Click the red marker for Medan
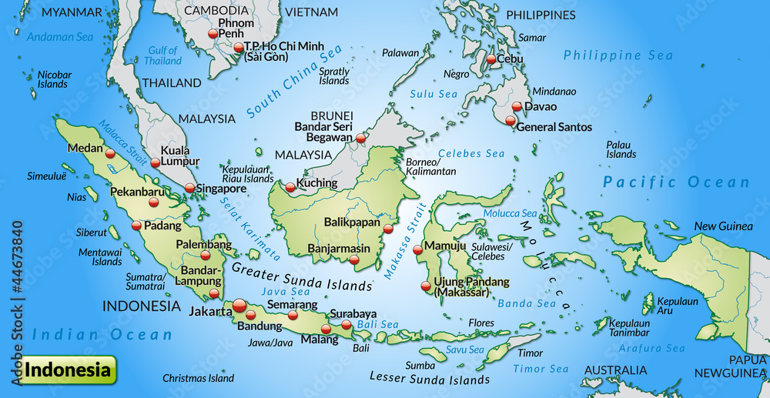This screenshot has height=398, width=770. click(x=110, y=154)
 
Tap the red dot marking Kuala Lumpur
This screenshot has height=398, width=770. click(x=156, y=162)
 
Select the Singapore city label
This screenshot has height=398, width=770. click(x=221, y=189)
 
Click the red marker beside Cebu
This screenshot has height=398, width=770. click(x=490, y=59)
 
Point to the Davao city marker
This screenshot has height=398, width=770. click(x=517, y=107)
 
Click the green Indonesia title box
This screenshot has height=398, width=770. click(x=69, y=370)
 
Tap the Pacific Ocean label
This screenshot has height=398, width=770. click(x=676, y=182)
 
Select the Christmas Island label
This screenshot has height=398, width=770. click(x=198, y=379)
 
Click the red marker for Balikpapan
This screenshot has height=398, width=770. click(x=388, y=228)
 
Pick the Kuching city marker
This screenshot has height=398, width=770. click(x=290, y=187)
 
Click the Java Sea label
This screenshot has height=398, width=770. click(x=286, y=292)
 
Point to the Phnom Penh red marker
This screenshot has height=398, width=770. click(x=213, y=34)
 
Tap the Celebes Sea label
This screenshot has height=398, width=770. click(x=472, y=154)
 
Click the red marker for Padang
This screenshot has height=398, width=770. click(x=137, y=226)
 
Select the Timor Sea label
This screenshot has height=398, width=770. click(x=541, y=370)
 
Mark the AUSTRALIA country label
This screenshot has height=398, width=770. click(x=614, y=370)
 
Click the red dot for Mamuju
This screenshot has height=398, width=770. click(x=417, y=249)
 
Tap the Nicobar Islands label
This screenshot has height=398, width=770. click(x=52, y=79)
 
